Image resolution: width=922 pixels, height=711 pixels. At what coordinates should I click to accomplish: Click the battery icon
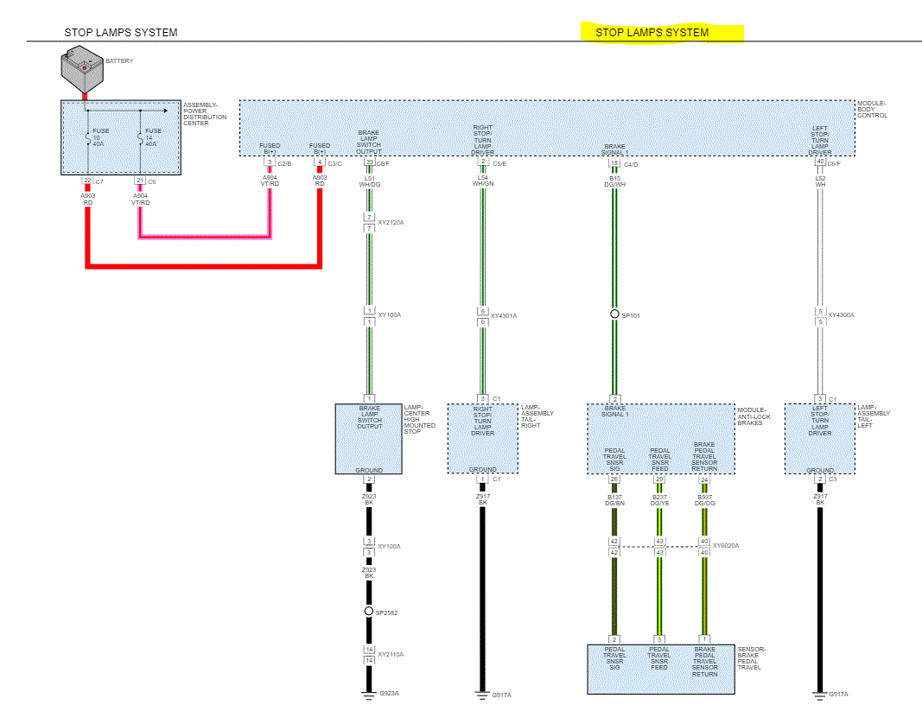click(x=81, y=70)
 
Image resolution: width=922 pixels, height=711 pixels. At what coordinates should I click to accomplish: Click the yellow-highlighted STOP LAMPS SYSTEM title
click(x=652, y=33)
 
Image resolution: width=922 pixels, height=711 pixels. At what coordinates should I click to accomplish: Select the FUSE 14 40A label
click(x=153, y=136)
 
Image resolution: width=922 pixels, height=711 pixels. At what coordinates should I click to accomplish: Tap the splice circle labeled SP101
click(x=614, y=314)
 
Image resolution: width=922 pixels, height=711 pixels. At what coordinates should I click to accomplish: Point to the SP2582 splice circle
click(x=369, y=612)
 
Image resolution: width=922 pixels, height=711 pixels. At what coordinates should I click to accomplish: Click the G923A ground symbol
click(x=369, y=692)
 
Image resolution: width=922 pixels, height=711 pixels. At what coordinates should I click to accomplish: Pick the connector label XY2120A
click(x=391, y=222)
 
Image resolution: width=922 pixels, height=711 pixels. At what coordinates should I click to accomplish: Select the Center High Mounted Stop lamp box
click(x=369, y=439)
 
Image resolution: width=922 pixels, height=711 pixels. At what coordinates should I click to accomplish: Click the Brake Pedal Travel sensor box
click(x=661, y=669)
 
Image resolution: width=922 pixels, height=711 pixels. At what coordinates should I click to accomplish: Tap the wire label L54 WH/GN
click(x=483, y=181)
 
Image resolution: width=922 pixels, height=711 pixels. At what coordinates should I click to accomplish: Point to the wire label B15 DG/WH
click(x=614, y=181)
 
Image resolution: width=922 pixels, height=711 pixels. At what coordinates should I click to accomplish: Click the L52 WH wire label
click(x=820, y=181)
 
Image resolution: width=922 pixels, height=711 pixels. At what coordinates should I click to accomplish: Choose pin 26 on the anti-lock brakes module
click(x=614, y=479)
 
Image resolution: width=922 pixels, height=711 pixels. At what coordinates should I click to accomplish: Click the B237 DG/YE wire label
click(x=659, y=500)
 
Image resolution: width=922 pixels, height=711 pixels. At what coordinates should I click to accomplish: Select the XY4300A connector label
click(x=841, y=315)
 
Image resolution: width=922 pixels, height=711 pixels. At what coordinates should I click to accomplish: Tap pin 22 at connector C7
click(x=87, y=181)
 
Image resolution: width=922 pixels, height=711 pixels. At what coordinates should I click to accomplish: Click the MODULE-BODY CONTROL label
click(x=872, y=110)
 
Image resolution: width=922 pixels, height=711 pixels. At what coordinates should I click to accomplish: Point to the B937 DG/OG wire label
click(x=704, y=500)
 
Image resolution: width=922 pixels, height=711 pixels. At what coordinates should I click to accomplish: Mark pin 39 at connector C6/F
click(x=369, y=162)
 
